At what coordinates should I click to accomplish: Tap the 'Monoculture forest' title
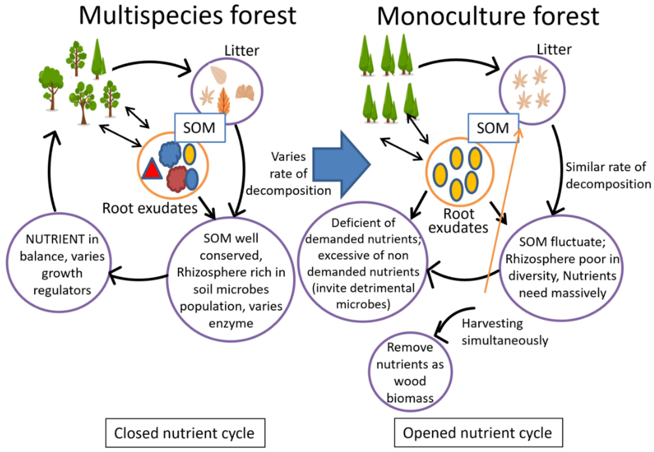[x=488, y=16]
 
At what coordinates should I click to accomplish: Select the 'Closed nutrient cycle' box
[x=185, y=433]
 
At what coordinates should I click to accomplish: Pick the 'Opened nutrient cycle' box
[x=478, y=433]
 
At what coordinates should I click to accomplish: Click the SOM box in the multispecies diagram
[x=200, y=128]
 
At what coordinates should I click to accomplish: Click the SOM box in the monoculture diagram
[x=493, y=128]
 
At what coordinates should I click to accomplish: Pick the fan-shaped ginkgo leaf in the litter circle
[x=245, y=92]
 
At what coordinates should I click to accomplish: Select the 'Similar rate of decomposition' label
[x=608, y=176]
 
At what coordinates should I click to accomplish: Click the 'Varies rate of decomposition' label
[x=289, y=174]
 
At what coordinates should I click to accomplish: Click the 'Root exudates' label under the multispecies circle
[x=150, y=209]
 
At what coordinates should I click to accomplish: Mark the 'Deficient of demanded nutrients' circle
[x=363, y=262]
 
